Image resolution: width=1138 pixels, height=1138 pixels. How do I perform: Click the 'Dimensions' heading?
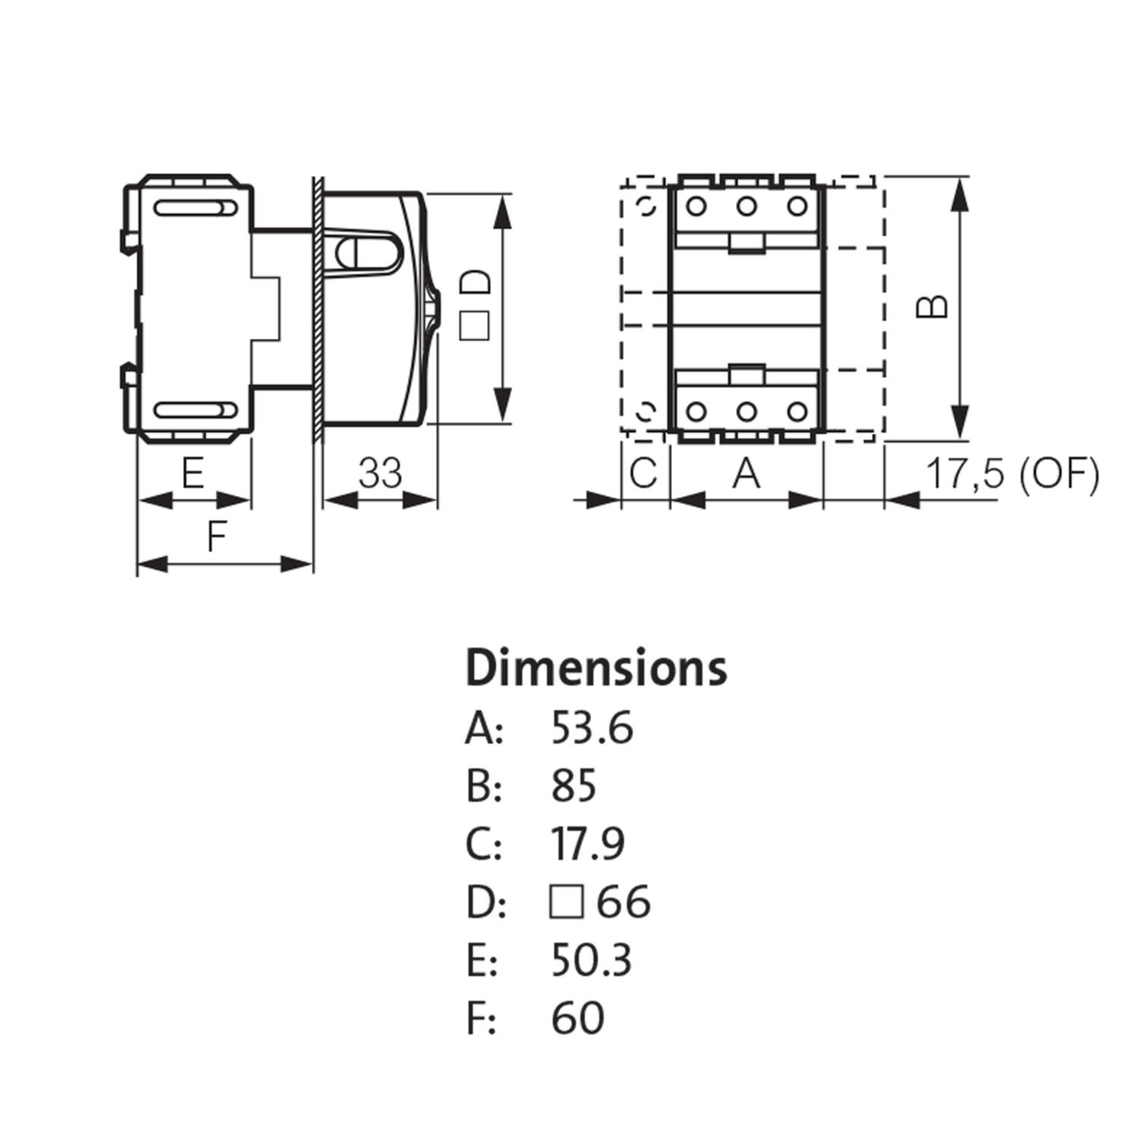(596, 668)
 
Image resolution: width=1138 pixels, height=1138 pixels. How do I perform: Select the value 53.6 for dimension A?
(592, 729)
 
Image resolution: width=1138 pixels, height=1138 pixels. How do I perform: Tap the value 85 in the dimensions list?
(574, 786)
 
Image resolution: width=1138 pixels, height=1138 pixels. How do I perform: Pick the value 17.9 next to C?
(588, 844)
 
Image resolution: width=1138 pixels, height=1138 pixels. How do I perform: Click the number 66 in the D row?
(624, 902)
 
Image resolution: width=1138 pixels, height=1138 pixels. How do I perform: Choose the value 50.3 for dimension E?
(591, 960)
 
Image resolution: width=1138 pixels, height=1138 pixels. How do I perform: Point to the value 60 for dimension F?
(577, 1017)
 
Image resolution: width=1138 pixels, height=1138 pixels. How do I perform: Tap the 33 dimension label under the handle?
(379, 473)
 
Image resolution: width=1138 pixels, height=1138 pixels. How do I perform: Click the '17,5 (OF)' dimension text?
(1012, 475)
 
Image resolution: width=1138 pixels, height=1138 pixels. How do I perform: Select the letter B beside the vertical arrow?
(932, 307)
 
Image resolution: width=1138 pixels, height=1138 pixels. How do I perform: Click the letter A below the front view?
(747, 474)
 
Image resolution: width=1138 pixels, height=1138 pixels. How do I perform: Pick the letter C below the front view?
(643, 474)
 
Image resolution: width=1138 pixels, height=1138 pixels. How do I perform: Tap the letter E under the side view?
(193, 474)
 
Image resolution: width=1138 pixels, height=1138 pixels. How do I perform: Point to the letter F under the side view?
(217, 537)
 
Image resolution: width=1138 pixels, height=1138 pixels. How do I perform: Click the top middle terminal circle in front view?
(747, 206)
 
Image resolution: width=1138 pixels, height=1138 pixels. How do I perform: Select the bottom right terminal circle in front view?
(797, 411)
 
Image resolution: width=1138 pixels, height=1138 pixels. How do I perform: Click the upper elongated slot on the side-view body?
(195, 209)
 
